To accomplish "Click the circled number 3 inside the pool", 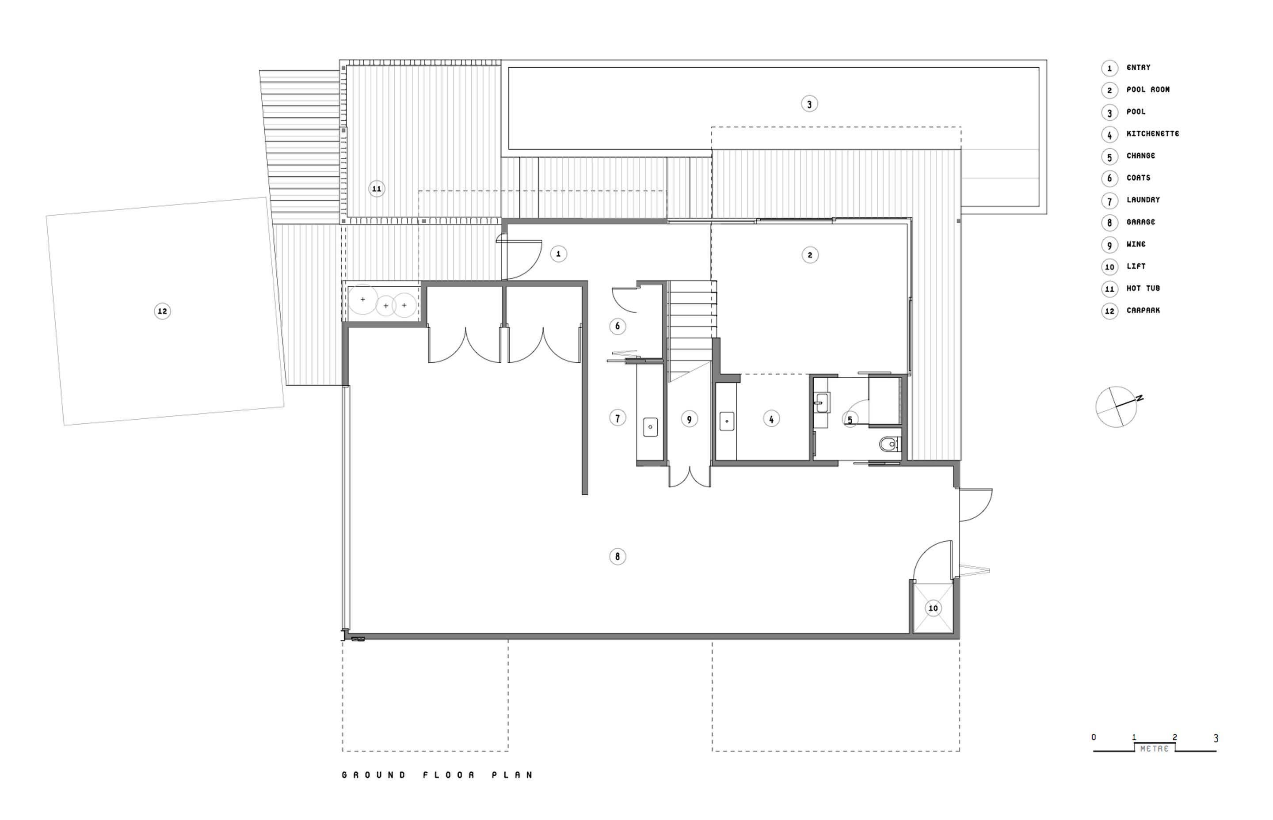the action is (809, 104).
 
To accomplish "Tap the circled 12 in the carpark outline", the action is (163, 311).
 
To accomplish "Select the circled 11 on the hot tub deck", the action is (377, 189).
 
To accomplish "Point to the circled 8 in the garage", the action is (617, 556).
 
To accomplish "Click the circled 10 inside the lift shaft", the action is (933, 608).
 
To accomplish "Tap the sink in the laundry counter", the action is (650, 427).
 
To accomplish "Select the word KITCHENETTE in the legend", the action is (1153, 134).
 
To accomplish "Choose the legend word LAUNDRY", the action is (1143, 200).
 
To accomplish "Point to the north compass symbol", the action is (1117, 407).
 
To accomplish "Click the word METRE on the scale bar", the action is (1155, 749).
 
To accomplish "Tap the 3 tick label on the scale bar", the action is (1216, 739).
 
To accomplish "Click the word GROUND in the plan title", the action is (374, 775).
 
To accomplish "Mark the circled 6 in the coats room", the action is (617, 326).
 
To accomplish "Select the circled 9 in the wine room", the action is (689, 419).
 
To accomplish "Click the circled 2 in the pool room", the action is (810, 255).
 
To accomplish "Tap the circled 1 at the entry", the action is (558, 254).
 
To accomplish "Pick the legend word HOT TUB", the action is (1143, 288).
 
